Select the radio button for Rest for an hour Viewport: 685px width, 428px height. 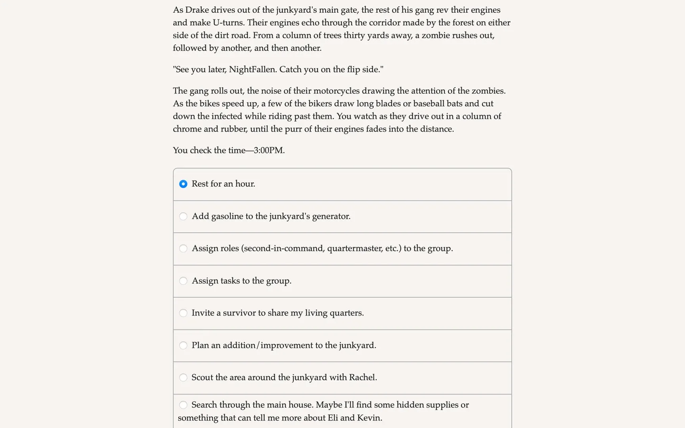(183, 184)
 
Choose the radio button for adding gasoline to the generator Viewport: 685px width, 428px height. (183, 216)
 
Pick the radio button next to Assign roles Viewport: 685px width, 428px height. (183, 248)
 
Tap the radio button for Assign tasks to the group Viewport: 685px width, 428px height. (183, 281)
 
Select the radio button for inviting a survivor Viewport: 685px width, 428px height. (183, 313)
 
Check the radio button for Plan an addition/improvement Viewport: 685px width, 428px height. (183, 346)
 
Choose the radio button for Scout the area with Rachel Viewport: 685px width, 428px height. (183, 378)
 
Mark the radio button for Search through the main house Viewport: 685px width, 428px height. (183, 405)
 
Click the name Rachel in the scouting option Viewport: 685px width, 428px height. (362, 377)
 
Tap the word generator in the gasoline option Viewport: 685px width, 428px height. (331, 216)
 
